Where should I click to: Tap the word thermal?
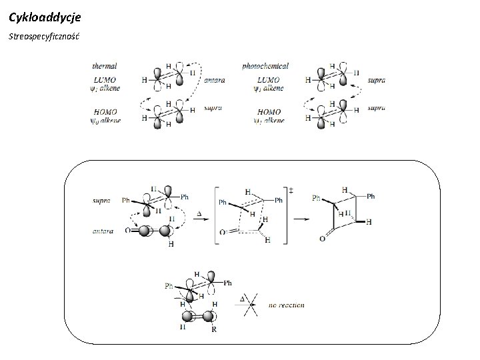105,66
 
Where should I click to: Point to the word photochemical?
265,66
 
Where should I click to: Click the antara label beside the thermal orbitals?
215,80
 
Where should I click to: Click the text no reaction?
287,305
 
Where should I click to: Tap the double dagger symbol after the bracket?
291,191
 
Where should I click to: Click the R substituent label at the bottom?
213,329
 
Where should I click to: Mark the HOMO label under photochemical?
268,112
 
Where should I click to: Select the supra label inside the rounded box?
102,199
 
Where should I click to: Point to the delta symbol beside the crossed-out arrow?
243,299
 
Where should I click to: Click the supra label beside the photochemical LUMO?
376,80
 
